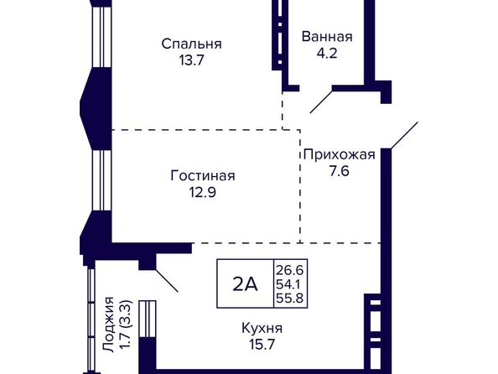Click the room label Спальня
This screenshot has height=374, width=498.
point(191,44)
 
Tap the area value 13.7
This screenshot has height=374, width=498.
point(191,60)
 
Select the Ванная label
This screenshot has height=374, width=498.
point(327,37)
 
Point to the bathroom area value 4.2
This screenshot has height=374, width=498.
point(327,53)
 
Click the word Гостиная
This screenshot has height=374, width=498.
point(203,176)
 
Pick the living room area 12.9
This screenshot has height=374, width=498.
point(203,192)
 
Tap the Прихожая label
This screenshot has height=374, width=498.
point(340,155)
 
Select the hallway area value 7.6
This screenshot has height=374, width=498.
point(340,171)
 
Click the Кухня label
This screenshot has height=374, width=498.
point(262,328)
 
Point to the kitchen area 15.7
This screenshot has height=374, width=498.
point(262,345)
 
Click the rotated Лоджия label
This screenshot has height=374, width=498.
point(109,325)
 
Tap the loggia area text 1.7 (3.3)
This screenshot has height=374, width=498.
point(125,325)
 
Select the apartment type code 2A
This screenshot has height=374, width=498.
point(245,283)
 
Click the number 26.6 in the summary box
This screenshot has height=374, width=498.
point(289,271)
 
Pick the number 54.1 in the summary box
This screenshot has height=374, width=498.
point(288,284)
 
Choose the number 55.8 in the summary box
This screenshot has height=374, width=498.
point(289,299)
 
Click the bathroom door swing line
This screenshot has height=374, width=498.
point(321,101)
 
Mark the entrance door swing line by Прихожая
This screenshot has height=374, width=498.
point(404,135)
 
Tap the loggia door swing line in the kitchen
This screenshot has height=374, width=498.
point(167,281)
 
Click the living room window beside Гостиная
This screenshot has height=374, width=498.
point(101,180)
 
